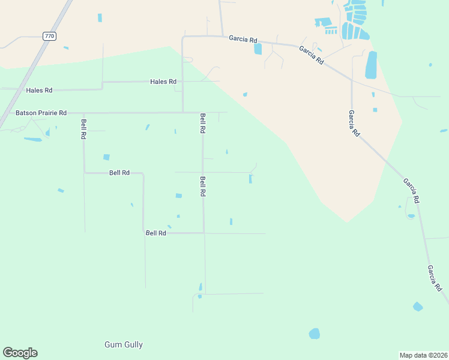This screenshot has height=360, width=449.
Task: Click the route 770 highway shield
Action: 49,37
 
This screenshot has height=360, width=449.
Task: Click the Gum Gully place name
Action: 124,344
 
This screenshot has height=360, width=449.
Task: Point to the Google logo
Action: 20,353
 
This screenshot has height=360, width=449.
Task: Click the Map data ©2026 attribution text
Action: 423,355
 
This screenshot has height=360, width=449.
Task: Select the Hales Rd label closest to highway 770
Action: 39,90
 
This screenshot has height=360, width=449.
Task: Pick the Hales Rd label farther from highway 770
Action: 163,81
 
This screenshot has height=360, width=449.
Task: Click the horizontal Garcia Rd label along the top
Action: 243,38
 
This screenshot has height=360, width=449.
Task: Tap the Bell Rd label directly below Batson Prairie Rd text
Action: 83,129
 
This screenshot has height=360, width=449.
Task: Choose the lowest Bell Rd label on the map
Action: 155,233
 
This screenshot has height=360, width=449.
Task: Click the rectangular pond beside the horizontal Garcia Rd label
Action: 258,49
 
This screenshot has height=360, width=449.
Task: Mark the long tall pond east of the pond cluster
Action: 371,65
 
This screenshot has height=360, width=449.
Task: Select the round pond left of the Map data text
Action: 314,333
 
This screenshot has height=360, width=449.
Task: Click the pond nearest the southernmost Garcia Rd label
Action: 418,307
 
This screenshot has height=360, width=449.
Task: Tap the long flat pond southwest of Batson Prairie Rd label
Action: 33,139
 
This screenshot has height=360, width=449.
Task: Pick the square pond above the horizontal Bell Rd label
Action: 106,157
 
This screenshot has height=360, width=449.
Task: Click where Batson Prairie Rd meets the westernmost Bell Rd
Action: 83,112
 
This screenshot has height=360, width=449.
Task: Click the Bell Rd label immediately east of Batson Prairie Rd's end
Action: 203,122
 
